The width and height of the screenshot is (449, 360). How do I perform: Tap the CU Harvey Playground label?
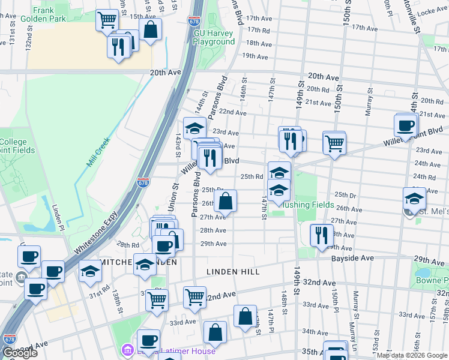[x=214, y=37]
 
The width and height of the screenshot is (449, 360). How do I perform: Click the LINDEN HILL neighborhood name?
[x=233, y=272]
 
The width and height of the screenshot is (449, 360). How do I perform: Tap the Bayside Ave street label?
[x=352, y=258]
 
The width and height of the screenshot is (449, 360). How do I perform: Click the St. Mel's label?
[x=430, y=211]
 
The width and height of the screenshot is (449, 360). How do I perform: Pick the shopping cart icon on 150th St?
[x=334, y=142]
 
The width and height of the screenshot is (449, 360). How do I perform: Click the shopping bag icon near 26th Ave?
[x=225, y=200]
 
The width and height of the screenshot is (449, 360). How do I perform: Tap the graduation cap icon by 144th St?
[x=194, y=128]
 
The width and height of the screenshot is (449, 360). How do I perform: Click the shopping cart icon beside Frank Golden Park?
[x=107, y=20]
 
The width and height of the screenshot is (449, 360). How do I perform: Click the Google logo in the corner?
[x=19, y=353]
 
